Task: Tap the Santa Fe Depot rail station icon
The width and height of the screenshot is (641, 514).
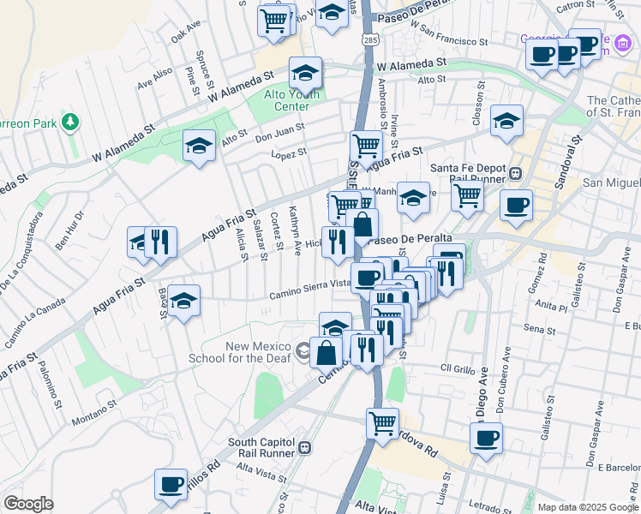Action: click(x=515, y=172)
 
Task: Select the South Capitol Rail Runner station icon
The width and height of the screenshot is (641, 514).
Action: click(x=303, y=447)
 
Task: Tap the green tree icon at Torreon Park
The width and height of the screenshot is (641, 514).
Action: click(x=69, y=123)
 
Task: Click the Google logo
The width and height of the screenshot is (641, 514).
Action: click(x=28, y=504)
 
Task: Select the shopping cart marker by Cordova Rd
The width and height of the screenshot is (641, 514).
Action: click(x=382, y=422)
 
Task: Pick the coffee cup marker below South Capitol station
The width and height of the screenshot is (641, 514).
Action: click(x=171, y=484)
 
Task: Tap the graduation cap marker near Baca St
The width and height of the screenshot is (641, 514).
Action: click(x=183, y=302)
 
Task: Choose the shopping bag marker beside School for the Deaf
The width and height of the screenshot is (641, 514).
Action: click(x=326, y=351)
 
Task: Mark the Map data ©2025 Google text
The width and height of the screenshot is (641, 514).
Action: click(x=587, y=506)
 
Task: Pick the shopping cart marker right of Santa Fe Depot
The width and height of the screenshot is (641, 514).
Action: click(x=468, y=194)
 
